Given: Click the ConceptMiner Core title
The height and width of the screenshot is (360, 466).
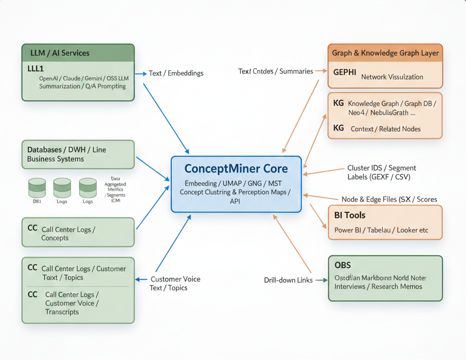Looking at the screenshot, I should (236, 169).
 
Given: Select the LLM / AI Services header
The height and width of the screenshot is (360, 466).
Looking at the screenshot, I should (60, 53).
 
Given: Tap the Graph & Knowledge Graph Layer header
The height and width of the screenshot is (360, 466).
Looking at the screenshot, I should (385, 53).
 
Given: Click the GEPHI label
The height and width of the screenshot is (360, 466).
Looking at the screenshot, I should (344, 72).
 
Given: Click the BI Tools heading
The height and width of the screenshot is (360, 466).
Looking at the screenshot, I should (350, 215).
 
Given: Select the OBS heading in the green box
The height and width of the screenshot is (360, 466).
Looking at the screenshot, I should (342, 265).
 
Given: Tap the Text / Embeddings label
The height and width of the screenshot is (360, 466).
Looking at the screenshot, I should (176, 73).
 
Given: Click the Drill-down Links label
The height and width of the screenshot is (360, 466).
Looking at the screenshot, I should (288, 280).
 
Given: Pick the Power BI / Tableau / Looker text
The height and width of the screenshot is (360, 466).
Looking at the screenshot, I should (381, 230).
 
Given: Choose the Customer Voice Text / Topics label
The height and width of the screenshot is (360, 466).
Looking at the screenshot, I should (175, 284).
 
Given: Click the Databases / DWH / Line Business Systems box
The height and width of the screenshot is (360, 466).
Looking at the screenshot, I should (78, 154).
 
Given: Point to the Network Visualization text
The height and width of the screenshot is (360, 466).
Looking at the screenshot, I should (392, 77).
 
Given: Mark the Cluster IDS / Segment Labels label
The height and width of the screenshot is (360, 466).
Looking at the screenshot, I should (382, 172).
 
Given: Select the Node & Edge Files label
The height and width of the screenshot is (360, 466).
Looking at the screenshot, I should (389, 199).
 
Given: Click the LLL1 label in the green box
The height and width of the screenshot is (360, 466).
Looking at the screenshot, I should (36, 69).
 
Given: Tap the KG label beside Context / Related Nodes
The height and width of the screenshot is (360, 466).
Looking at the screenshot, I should (338, 128).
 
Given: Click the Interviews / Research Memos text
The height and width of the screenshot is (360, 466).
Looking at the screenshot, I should (378, 287).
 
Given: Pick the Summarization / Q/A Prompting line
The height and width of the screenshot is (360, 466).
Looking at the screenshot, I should (82, 86).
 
